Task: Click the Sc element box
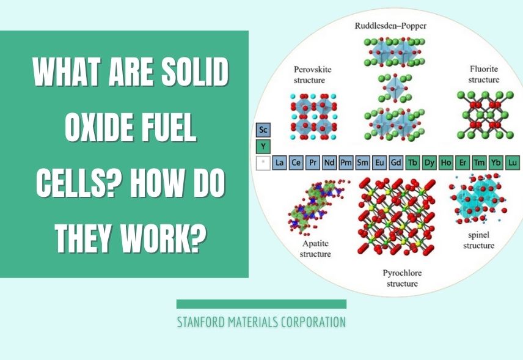tap(263, 130)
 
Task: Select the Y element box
tap(263, 147)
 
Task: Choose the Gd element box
tap(396, 163)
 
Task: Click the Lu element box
tap(512, 163)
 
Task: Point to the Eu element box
tap(379, 163)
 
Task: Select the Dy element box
tap(430, 163)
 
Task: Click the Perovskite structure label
tap(312, 75)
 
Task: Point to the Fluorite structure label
tap(483, 75)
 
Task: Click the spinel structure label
tap(478, 240)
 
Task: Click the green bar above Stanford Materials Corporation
tap(261, 304)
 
